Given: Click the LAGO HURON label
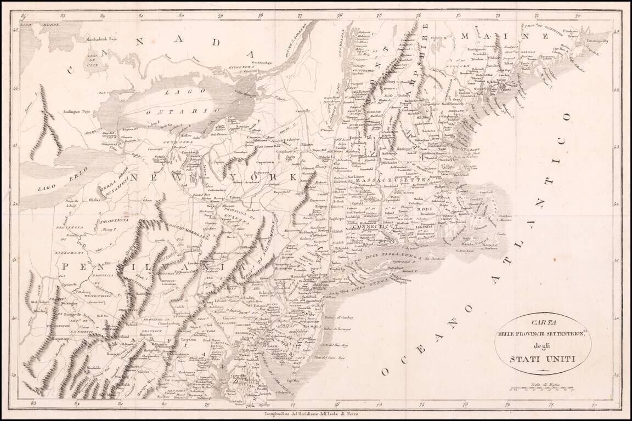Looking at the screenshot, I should click(x=34, y=24).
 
